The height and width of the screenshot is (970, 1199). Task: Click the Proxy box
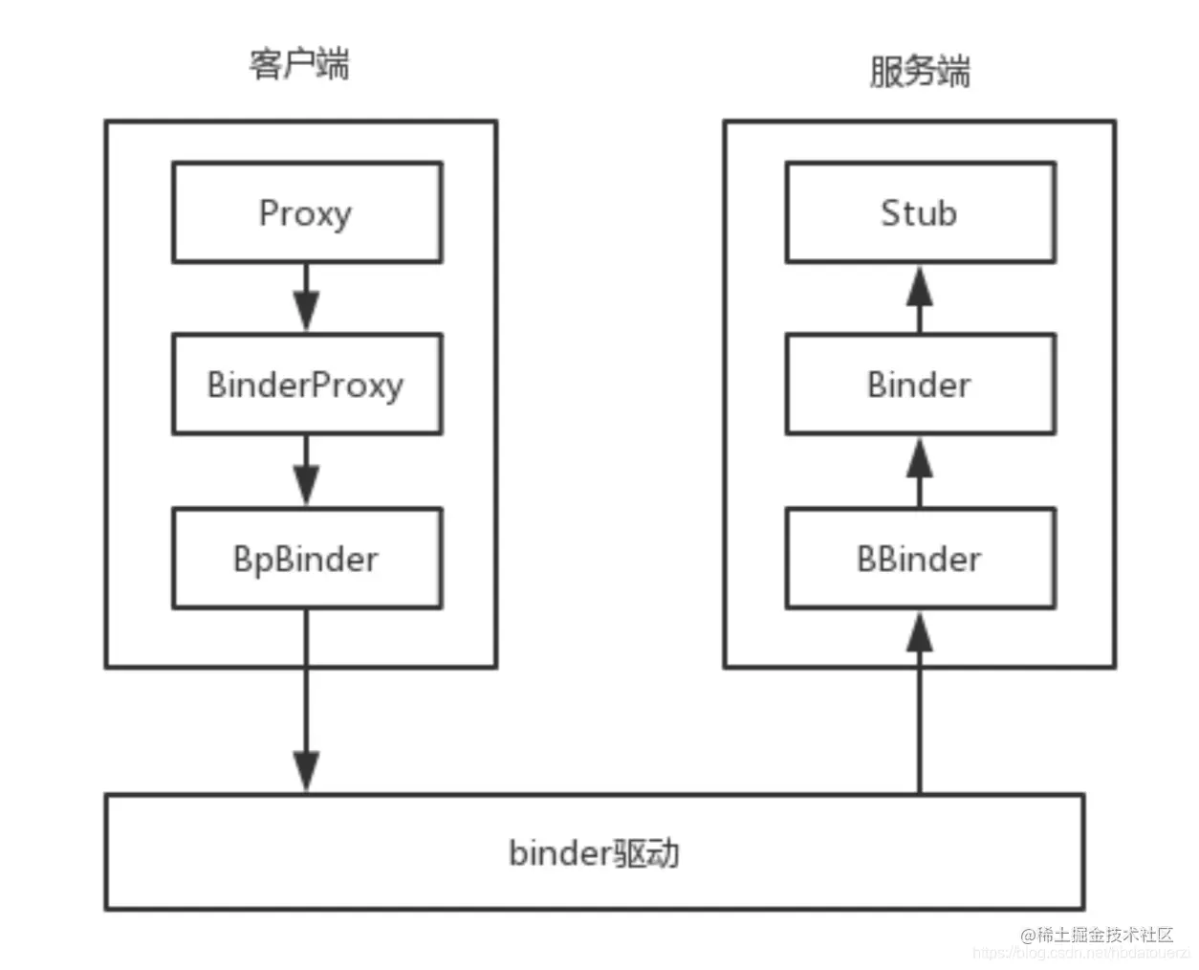pyautogui.click(x=306, y=212)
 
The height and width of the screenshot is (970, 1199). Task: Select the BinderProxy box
pyautogui.click(x=306, y=385)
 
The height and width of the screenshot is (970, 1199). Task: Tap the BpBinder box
pyautogui.click(x=306, y=559)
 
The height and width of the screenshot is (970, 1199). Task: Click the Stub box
pyautogui.click(x=919, y=212)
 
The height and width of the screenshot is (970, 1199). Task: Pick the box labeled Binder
pyautogui.click(x=919, y=385)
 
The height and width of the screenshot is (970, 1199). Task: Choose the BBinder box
pyautogui.click(x=919, y=559)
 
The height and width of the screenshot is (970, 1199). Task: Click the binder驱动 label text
pyautogui.click(x=594, y=852)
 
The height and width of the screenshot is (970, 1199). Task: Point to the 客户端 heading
pyautogui.click(x=299, y=64)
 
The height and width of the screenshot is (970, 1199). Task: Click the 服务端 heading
pyautogui.click(x=919, y=72)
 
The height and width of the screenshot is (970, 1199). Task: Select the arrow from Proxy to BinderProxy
pyautogui.click(x=306, y=298)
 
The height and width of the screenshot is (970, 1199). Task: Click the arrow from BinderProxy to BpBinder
pyautogui.click(x=306, y=471)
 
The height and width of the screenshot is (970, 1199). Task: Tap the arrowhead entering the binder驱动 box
pyautogui.click(x=306, y=771)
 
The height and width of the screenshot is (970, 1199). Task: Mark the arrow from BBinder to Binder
pyautogui.click(x=919, y=472)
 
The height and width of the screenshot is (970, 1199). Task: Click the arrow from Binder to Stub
pyautogui.click(x=919, y=298)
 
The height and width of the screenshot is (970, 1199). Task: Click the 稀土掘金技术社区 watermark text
pyautogui.click(x=1105, y=935)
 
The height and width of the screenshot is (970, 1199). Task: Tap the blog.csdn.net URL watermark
pyautogui.click(x=1080, y=954)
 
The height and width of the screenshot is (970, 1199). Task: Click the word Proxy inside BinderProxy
pyautogui.click(x=358, y=386)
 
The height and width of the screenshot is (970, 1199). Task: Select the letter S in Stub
pyautogui.click(x=891, y=212)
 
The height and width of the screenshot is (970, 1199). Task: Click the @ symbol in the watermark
pyautogui.click(x=1028, y=936)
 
